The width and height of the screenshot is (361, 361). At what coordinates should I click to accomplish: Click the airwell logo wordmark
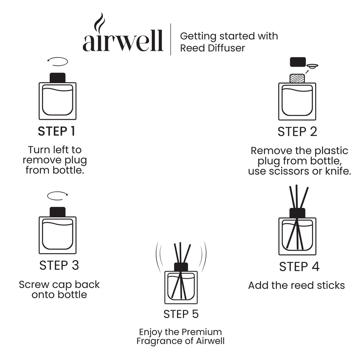[x=123, y=41]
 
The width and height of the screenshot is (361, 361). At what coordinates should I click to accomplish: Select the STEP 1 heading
[x=56, y=131]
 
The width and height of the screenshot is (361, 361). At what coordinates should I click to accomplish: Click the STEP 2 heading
[x=297, y=132]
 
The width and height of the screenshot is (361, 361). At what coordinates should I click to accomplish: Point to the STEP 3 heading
[x=59, y=265]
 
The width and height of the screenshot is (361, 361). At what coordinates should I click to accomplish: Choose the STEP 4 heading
[x=299, y=267]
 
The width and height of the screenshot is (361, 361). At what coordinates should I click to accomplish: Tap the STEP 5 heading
[x=181, y=314]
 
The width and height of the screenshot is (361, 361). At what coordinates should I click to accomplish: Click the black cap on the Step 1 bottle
[x=57, y=78]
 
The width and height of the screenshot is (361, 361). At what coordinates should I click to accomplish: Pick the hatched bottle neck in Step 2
[x=297, y=78]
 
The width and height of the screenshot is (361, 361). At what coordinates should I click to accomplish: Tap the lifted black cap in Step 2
[x=298, y=62]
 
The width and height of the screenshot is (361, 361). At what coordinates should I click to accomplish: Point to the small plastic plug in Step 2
[x=312, y=66]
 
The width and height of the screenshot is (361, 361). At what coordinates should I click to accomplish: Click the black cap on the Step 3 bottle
[x=57, y=212]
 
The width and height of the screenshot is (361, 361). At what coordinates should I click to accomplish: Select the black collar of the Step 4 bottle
[x=297, y=213]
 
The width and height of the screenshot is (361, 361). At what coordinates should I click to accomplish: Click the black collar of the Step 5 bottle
[x=181, y=267]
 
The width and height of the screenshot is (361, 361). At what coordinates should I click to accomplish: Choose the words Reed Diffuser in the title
[x=213, y=48]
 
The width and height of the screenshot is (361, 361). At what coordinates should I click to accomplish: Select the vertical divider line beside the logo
[x=171, y=39]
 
